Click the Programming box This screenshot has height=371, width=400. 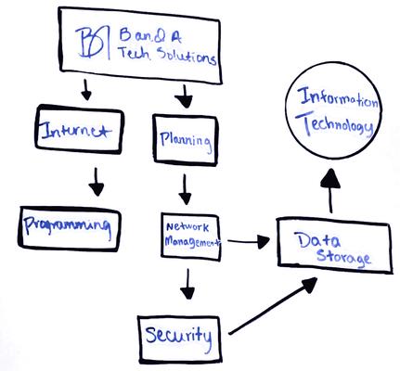71,224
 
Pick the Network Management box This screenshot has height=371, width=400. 192,237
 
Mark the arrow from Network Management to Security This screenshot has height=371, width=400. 187,283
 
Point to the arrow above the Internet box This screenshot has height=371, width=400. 86,90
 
